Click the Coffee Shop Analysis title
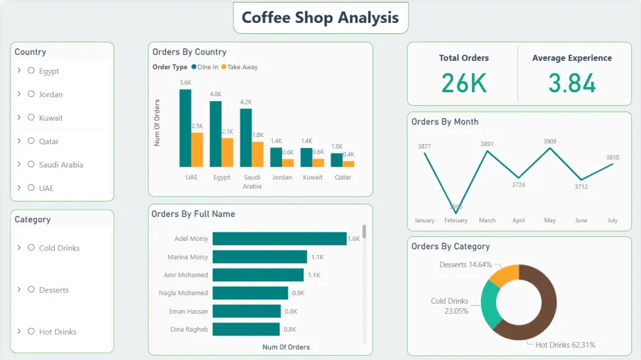click(x=320, y=18)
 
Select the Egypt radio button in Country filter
click(x=31, y=70)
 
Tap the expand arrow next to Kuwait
click(x=19, y=117)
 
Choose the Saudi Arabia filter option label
click(x=61, y=165)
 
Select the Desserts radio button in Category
click(x=31, y=290)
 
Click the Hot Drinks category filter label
click(x=58, y=332)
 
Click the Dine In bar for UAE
click(x=185, y=128)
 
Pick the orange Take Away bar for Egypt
click(x=228, y=152)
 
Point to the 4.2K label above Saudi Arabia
click(x=246, y=102)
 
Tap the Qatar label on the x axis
click(x=342, y=177)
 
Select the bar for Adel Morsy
click(x=279, y=239)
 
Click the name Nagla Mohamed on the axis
click(x=183, y=293)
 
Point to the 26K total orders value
click(x=463, y=83)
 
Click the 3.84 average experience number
click(x=572, y=83)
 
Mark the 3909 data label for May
click(x=550, y=141)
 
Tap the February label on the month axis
click(x=456, y=220)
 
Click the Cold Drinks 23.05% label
click(x=449, y=306)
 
